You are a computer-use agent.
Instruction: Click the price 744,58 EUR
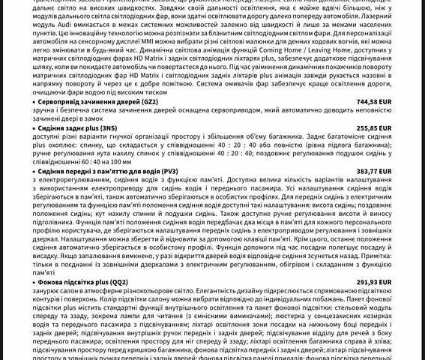(x=374, y=101)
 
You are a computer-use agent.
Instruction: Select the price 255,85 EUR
(x=374, y=128)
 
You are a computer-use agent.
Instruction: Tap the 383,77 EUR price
(x=374, y=171)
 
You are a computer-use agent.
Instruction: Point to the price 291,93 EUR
(x=374, y=282)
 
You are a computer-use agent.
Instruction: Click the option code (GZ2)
(x=150, y=101)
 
